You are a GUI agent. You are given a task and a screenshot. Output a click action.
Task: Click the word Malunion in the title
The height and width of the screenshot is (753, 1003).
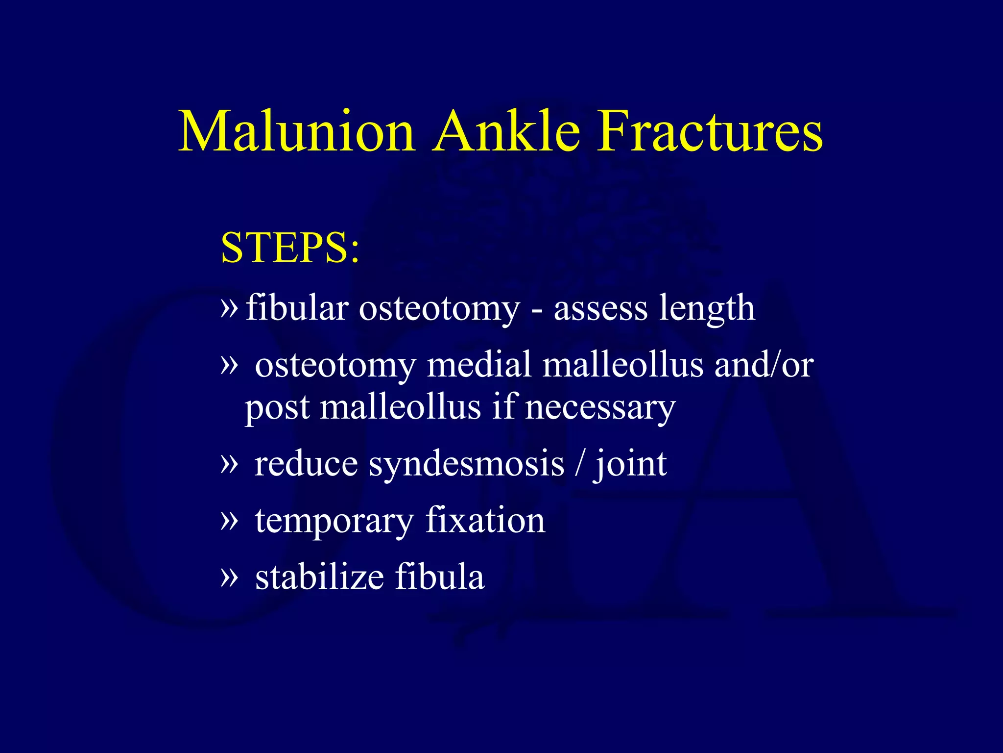point(297,131)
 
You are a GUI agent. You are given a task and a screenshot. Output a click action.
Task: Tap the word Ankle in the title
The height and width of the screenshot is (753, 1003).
point(506,131)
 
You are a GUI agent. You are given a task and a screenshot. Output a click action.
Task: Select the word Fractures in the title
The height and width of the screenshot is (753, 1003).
point(710,131)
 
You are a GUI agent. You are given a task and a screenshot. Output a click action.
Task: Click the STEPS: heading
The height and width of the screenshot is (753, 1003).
point(290,248)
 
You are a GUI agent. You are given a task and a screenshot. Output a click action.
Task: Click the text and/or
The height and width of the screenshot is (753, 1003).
point(764,365)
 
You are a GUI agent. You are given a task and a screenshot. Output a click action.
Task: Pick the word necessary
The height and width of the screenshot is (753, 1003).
point(600,408)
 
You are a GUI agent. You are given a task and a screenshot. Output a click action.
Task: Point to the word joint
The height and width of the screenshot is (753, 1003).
point(630,464)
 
